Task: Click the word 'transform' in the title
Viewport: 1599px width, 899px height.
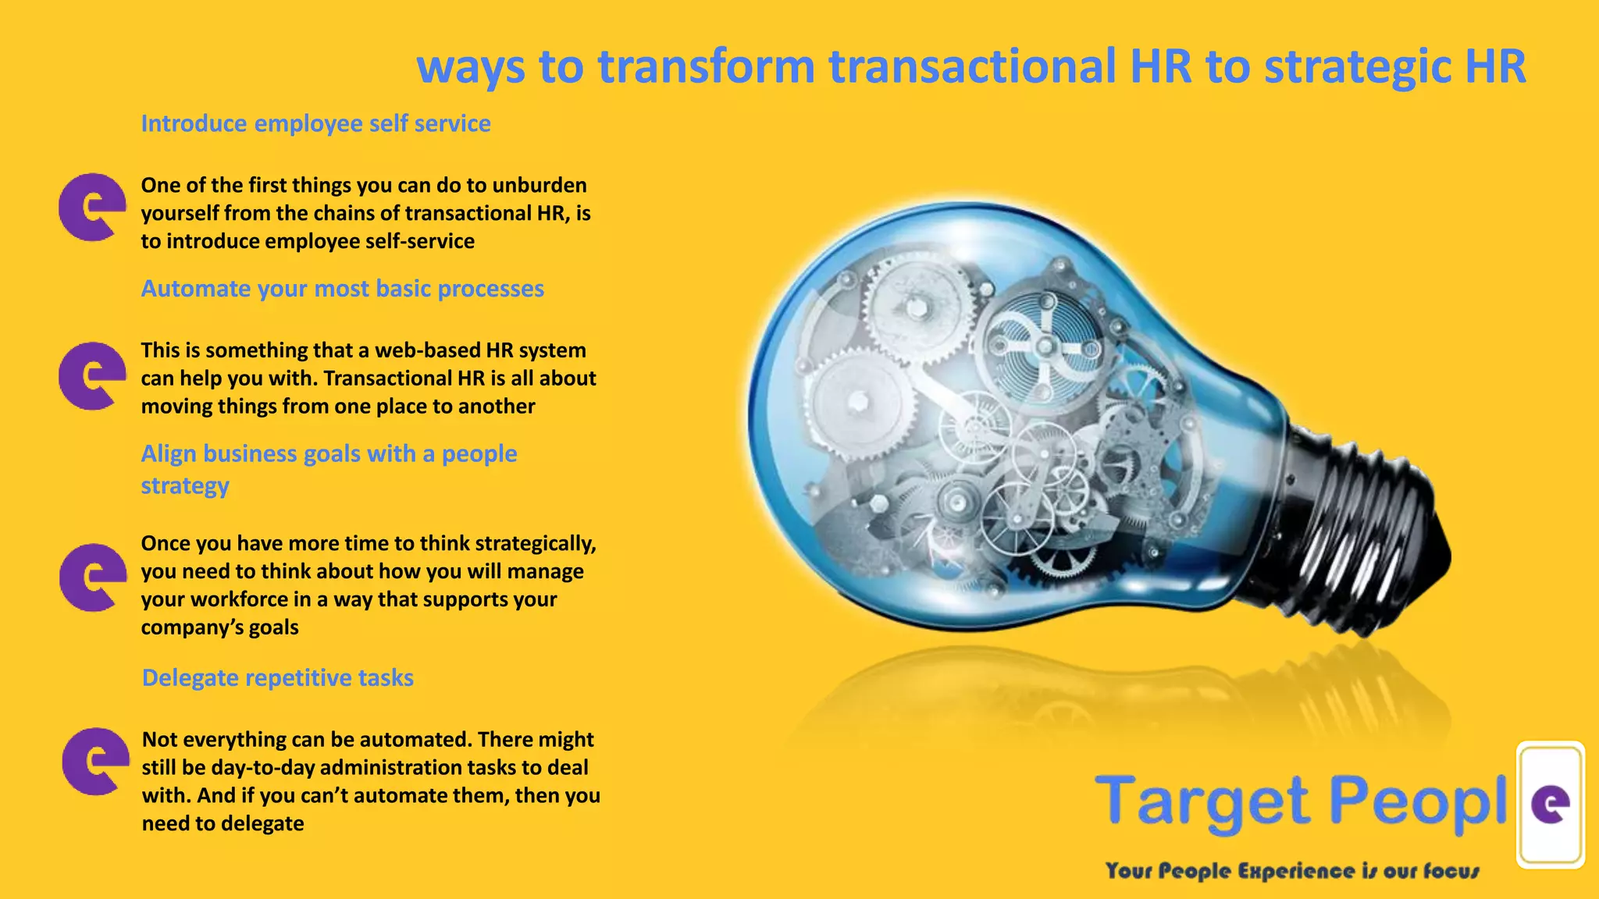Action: point(706,66)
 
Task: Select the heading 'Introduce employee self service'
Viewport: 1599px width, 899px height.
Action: point(315,123)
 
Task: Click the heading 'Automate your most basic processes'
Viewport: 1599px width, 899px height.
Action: point(342,289)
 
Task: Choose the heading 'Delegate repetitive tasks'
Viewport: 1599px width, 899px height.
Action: point(277,677)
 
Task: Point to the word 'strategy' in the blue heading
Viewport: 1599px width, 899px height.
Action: point(185,486)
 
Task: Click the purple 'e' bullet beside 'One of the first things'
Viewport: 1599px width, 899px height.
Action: point(92,207)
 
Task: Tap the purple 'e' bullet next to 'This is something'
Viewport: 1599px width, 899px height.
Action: point(92,375)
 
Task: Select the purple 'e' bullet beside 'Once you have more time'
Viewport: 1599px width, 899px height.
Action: point(93,577)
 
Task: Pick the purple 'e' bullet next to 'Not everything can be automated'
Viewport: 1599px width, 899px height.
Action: point(95,762)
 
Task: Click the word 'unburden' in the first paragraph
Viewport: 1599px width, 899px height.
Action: point(540,186)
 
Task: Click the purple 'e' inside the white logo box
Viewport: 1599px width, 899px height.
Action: point(1551,805)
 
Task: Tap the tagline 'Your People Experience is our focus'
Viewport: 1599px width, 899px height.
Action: point(1292,871)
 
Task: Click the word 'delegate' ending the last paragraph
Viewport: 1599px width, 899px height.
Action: point(262,824)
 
